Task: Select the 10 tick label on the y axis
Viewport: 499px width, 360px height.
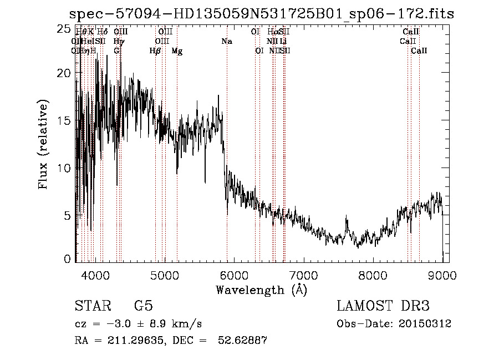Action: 64,168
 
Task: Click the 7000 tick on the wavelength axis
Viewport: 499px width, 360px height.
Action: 303,275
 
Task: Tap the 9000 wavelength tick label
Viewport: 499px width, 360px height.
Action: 442,275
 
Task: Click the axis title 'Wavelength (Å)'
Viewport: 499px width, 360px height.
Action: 261,290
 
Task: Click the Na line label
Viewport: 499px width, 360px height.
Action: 226,42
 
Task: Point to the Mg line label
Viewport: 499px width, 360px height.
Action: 177,51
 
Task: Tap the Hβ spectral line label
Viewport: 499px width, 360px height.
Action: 155,51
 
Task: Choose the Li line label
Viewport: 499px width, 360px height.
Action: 283,42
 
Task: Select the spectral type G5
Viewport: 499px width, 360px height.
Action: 144,306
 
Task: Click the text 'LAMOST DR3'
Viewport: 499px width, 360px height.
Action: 383,306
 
